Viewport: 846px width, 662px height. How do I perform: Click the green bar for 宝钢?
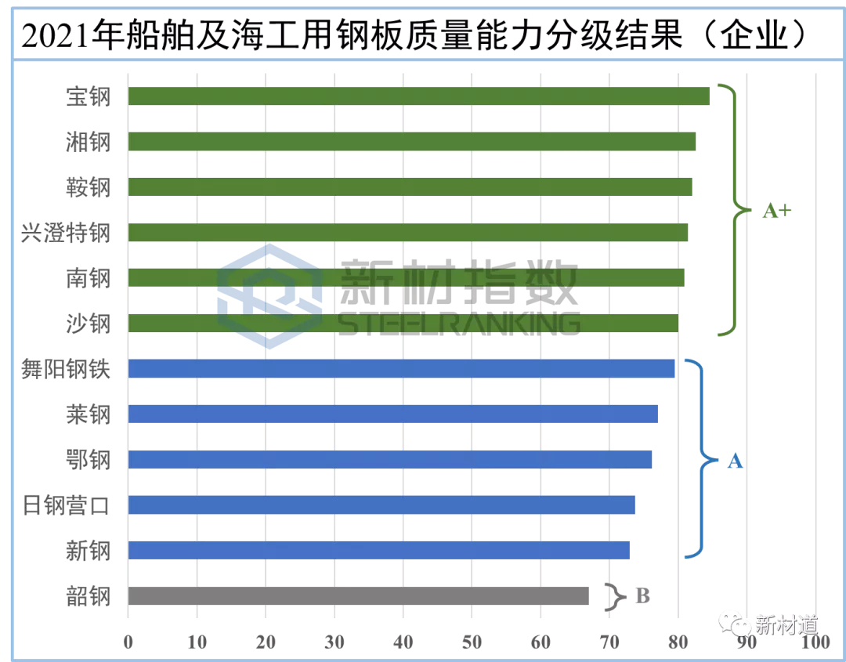click(x=418, y=96)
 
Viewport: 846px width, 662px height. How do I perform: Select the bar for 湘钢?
click(x=412, y=142)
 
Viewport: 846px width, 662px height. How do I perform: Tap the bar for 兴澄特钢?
click(x=408, y=233)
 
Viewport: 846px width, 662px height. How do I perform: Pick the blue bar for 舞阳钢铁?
click(x=401, y=368)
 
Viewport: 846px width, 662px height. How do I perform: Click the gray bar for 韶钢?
click(x=358, y=596)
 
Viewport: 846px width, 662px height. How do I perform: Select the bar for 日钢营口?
click(x=381, y=505)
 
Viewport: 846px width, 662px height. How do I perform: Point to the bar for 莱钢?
click(x=392, y=414)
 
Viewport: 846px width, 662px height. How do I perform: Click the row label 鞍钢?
click(x=89, y=187)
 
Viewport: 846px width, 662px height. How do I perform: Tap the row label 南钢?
click(x=89, y=278)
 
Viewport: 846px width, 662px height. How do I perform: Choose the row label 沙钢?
click(x=89, y=324)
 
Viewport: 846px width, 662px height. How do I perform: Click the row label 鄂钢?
click(x=89, y=459)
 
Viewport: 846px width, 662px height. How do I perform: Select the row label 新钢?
click(x=89, y=551)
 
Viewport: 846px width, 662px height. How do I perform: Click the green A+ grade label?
click(x=776, y=210)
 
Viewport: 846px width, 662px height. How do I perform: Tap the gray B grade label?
click(x=642, y=596)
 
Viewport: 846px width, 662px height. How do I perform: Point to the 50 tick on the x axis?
click(x=472, y=642)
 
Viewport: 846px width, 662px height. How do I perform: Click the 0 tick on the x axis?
click(x=128, y=642)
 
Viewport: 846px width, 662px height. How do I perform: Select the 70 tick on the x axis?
click(x=609, y=642)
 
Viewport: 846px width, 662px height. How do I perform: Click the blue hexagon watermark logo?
click(x=269, y=295)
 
